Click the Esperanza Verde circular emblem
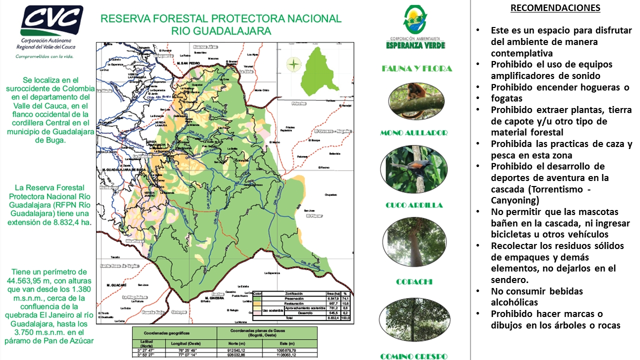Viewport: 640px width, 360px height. tap(415, 20)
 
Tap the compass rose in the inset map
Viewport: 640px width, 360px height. tap(294, 64)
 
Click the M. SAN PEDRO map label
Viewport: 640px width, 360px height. tap(188, 63)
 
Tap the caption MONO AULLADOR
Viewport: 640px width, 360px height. tap(413, 133)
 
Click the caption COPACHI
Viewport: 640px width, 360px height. tap(414, 282)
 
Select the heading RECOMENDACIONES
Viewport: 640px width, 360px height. tap(555, 8)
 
